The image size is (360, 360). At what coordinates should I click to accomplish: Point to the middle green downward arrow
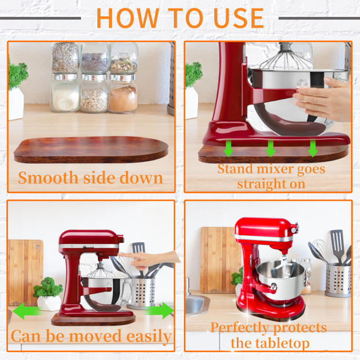[271, 148]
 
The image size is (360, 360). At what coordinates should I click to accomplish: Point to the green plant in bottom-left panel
[48, 289]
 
